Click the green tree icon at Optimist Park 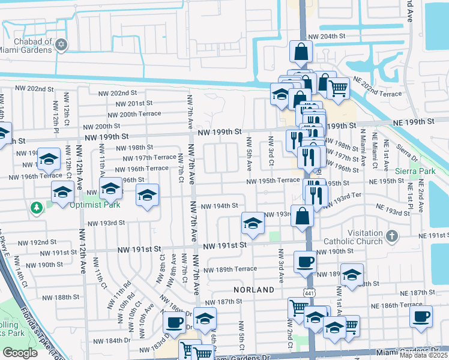37,206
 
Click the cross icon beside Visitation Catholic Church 392,235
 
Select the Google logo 20,353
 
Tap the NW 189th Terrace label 230,269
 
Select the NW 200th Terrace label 134,114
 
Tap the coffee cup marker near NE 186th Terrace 421,316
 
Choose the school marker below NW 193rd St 253,224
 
